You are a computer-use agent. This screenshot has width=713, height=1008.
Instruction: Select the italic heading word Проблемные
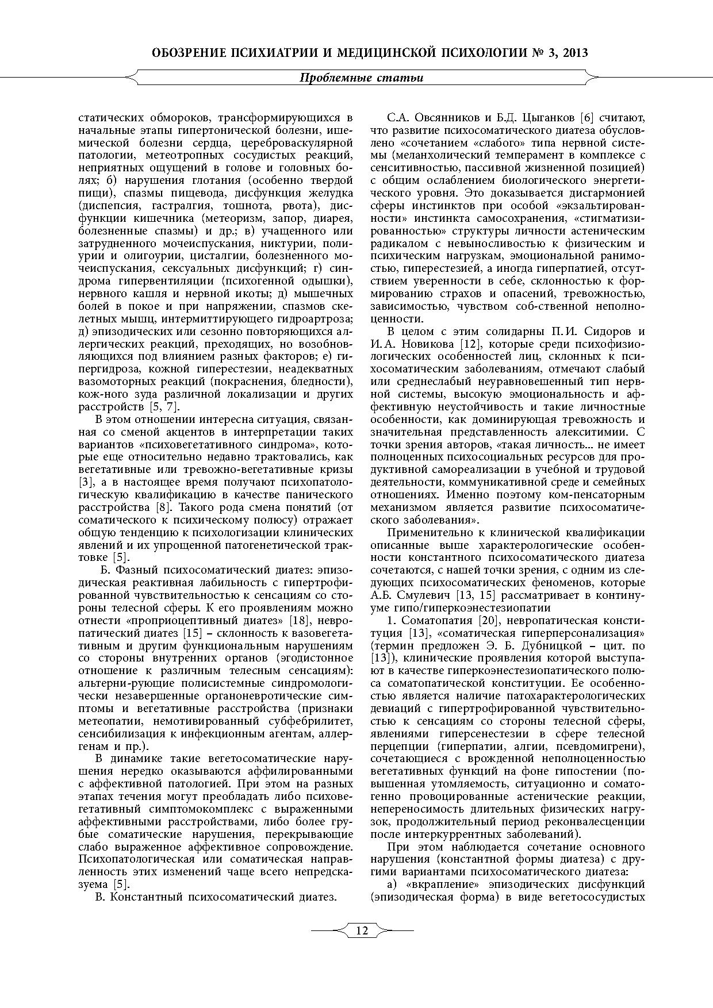[x=334, y=78]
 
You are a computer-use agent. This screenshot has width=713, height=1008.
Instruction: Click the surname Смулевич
[x=425, y=595]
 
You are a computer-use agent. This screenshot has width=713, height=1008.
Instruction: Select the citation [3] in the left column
[x=82, y=482]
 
